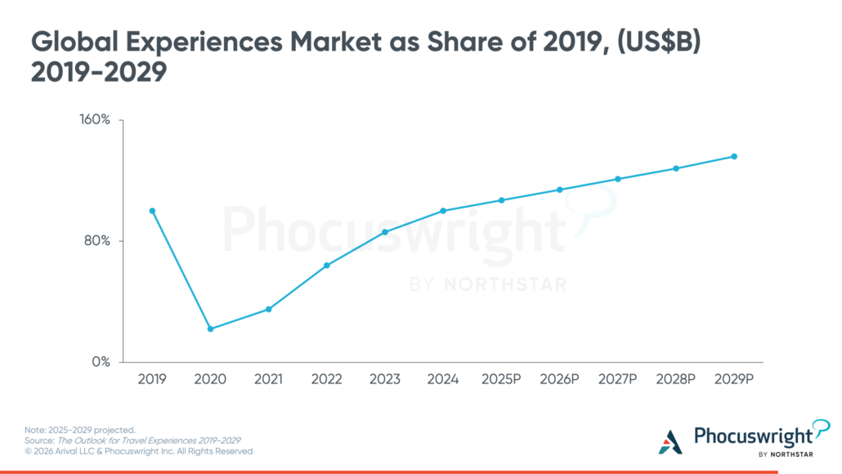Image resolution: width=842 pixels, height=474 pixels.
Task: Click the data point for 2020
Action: (x=210, y=329)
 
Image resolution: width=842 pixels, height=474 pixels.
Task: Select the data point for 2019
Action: (x=152, y=211)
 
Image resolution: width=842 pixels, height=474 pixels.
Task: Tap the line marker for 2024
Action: (x=443, y=211)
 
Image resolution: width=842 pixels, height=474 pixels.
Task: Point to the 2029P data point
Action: (x=734, y=156)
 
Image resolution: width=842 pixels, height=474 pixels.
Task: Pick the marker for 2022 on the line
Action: (x=327, y=266)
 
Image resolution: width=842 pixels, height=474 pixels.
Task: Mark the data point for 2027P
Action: (x=618, y=179)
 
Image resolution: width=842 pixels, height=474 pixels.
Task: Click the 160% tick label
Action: (x=94, y=120)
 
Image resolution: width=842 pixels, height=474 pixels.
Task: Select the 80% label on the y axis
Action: (x=97, y=241)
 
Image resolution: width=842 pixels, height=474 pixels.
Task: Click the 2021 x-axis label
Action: (x=268, y=380)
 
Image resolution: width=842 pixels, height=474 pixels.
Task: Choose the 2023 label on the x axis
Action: (x=384, y=380)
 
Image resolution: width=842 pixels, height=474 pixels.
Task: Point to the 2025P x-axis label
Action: (x=501, y=380)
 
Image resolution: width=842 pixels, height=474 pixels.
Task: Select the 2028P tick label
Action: (x=676, y=380)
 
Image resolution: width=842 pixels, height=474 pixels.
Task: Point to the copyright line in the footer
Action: (x=139, y=451)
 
